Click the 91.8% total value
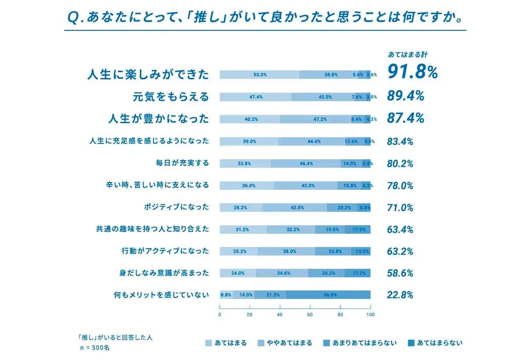point(412,73)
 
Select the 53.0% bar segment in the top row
point(260,75)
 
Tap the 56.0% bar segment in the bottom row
point(328,295)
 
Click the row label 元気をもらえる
point(171,97)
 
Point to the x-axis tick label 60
point(310,315)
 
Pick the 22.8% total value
point(400,295)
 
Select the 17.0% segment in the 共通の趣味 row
point(358,229)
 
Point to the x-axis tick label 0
point(220,315)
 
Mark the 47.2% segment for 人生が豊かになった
point(316,119)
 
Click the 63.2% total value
point(400,251)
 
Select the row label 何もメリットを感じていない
point(161,295)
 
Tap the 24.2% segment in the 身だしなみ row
point(326,273)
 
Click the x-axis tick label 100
point(370,315)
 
